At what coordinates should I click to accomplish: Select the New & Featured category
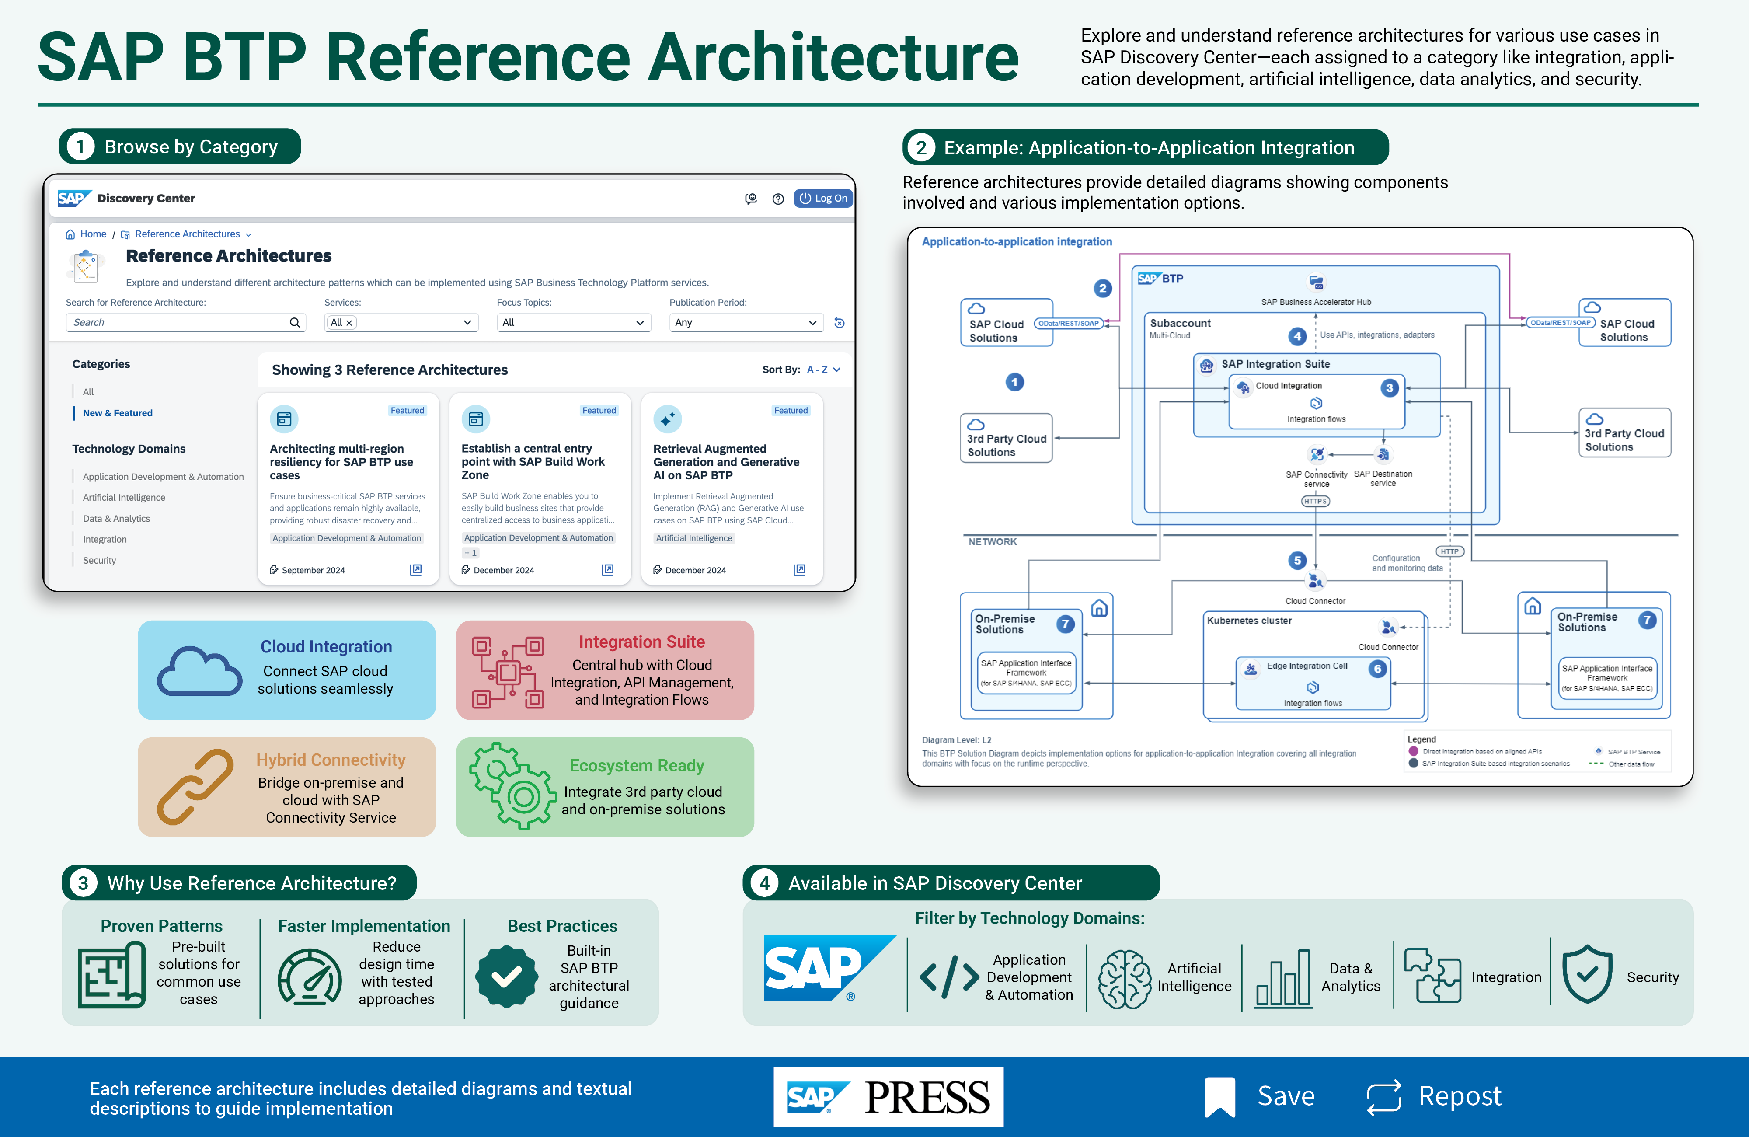118,413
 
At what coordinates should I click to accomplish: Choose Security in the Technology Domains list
99,560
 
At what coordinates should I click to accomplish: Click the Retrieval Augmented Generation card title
726,461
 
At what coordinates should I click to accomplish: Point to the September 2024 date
313,570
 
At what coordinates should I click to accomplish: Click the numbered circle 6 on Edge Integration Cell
1378,668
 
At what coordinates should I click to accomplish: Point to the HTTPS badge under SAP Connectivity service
1315,501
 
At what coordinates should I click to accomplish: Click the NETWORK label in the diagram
992,542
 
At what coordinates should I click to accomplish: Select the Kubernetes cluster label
1249,620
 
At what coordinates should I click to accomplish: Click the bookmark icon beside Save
1220,1097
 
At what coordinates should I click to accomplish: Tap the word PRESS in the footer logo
927,1097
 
